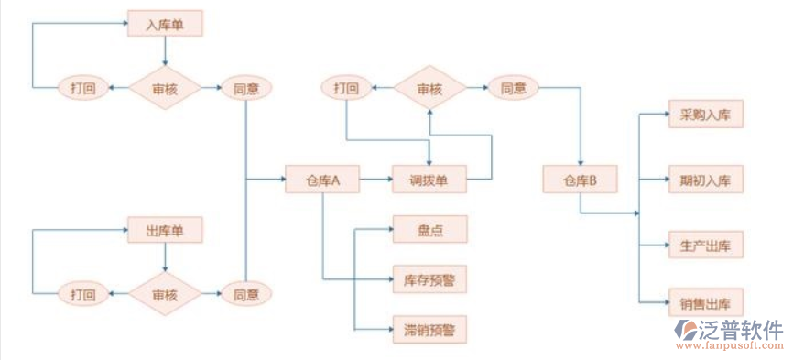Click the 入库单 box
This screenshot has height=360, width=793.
click(x=165, y=24)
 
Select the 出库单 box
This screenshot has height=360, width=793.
click(x=165, y=228)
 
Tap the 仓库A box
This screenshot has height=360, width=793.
click(x=322, y=180)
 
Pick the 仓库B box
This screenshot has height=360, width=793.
click(x=579, y=180)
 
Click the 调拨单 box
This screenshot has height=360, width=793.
click(x=429, y=180)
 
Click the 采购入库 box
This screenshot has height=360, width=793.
click(x=705, y=115)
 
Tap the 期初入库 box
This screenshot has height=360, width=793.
click(x=705, y=180)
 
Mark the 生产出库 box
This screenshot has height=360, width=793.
click(x=705, y=245)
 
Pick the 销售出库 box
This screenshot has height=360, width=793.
click(x=705, y=302)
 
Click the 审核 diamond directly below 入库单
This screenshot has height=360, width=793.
click(x=165, y=88)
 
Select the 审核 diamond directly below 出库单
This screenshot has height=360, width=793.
click(x=165, y=294)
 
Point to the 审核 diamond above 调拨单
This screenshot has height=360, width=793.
click(x=429, y=88)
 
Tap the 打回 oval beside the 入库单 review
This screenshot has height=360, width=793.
click(x=82, y=88)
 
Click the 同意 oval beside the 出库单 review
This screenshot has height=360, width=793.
click(x=246, y=294)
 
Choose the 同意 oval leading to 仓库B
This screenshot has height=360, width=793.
click(x=513, y=88)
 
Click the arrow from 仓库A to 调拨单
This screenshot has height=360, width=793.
click(x=375, y=180)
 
